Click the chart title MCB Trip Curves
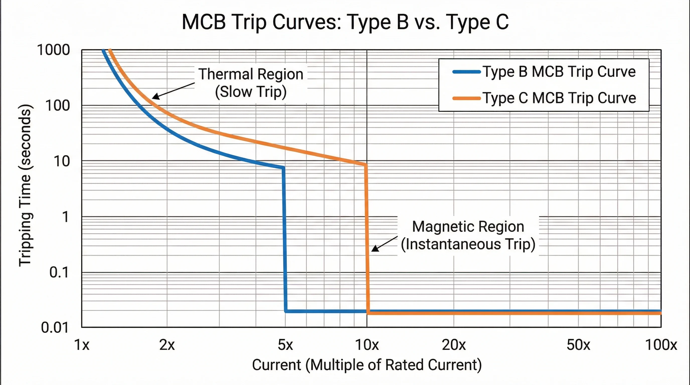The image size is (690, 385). pyautogui.click(x=345, y=22)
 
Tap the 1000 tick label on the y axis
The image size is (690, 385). pyautogui.click(x=53, y=50)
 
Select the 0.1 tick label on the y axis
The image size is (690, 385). pyautogui.click(x=59, y=272)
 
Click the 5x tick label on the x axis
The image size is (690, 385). pyautogui.click(x=285, y=345)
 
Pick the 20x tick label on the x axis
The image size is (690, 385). pyautogui.click(x=454, y=345)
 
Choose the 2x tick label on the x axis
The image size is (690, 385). pyautogui.click(x=167, y=345)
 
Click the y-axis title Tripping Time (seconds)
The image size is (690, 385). pyautogui.click(x=25, y=185)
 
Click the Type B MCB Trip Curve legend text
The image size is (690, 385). pyautogui.click(x=559, y=72)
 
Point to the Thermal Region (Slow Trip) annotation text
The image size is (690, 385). pyautogui.click(x=251, y=83)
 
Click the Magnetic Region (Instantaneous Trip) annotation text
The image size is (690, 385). pyautogui.click(x=468, y=235)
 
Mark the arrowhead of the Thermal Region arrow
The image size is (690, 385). pyautogui.click(x=154, y=98)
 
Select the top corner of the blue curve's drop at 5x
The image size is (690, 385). pyautogui.click(x=283, y=168)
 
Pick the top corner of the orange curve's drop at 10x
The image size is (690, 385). pyautogui.click(x=366, y=165)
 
